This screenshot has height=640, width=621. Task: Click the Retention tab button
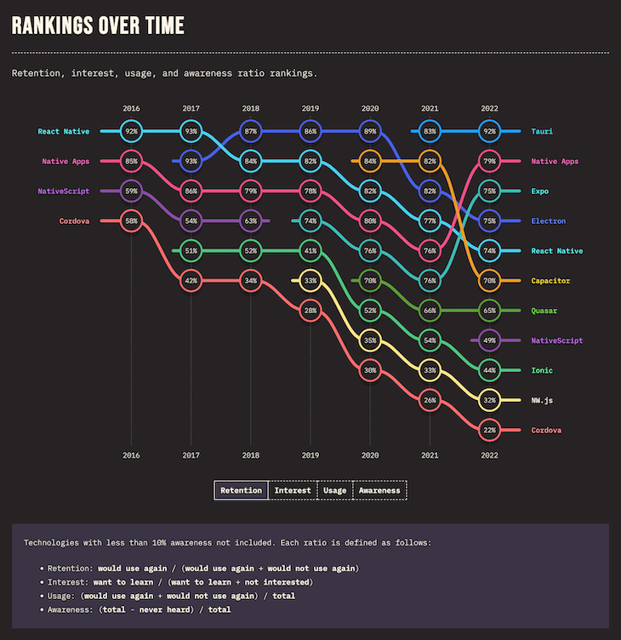click(241, 490)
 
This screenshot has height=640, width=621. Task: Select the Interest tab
click(293, 490)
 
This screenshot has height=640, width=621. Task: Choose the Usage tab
click(335, 490)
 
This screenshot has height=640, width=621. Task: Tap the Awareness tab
click(379, 490)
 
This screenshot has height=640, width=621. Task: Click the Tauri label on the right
click(542, 132)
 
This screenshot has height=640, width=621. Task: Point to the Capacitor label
click(550, 281)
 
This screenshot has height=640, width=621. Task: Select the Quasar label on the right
click(544, 311)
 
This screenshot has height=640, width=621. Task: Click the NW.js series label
click(542, 400)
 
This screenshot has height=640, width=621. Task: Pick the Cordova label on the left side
click(75, 221)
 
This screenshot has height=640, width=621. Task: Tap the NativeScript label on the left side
click(65, 191)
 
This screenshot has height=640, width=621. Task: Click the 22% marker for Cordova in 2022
click(489, 430)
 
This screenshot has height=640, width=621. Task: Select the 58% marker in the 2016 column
click(131, 221)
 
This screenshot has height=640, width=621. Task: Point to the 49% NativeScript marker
click(489, 340)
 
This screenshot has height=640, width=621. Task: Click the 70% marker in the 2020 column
click(370, 281)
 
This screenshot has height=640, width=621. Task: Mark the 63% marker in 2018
click(251, 221)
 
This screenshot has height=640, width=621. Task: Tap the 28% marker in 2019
click(310, 311)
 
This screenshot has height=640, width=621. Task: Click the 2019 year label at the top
click(310, 109)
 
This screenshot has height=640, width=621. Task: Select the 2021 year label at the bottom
click(430, 455)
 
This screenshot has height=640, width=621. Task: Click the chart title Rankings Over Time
click(98, 26)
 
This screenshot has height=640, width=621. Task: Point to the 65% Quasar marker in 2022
click(489, 311)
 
